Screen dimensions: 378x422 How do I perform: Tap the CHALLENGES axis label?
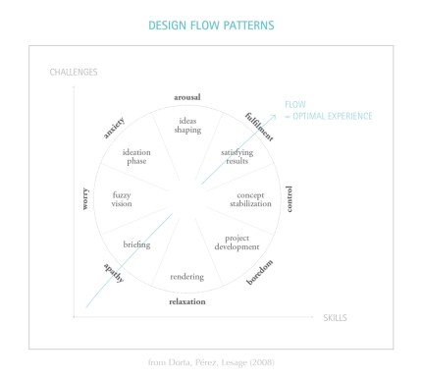pyautogui.click(x=74, y=72)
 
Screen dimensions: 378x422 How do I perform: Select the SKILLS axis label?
pyautogui.click(x=337, y=318)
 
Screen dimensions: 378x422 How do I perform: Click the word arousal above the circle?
pyautogui.click(x=186, y=98)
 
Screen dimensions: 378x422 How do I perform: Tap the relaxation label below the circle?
pyautogui.click(x=186, y=301)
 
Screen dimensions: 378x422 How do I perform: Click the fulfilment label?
pyautogui.click(x=260, y=127)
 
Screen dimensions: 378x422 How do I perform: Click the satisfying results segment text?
pyautogui.click(x=237, y=157)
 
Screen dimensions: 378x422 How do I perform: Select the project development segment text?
pyautogui.click(x=237, y=242)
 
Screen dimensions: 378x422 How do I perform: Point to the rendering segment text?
pyautogui.click(x=186, y=276)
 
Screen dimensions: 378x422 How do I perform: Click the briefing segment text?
pyautogui.click(x=136, y=243)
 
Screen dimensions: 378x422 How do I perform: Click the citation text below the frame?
pyautogui.click(x=211, y=364)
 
